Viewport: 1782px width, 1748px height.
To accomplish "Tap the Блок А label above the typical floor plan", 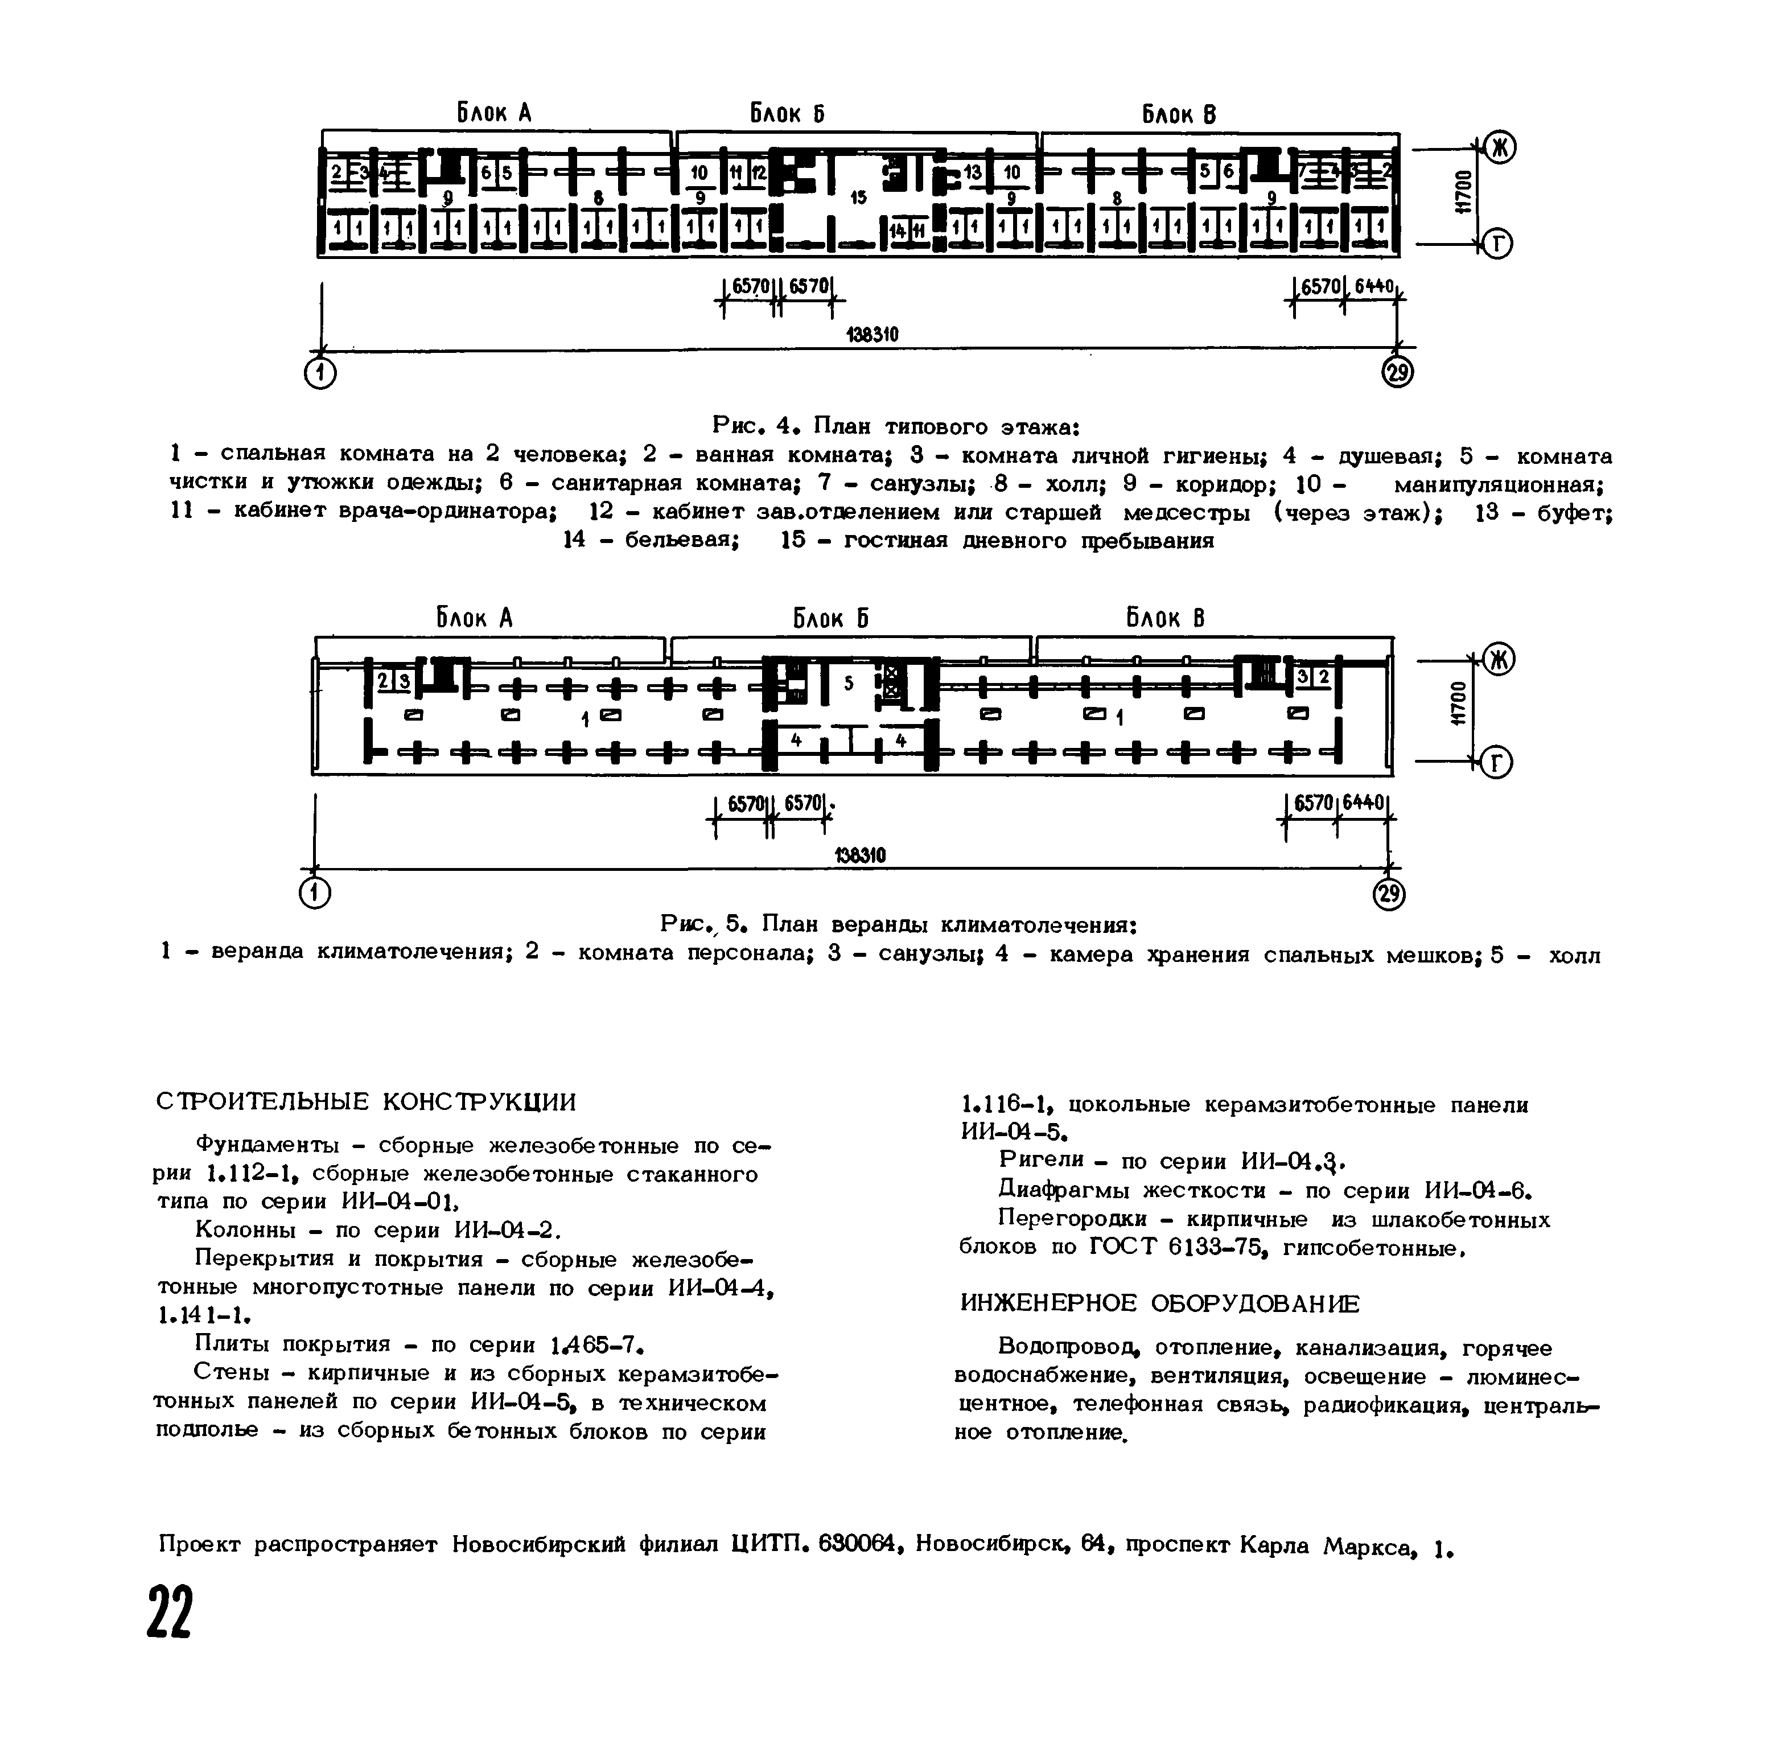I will pyautogui.click(x=494, y=113).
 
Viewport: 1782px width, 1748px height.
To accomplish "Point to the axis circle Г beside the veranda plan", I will pyautogui.click(x=1496, y=762).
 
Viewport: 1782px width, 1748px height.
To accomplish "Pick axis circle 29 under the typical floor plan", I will pyautogui.click(x=1397, y=373).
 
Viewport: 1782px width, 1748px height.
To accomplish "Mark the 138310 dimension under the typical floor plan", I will pyautogui.click(x=871, y=335).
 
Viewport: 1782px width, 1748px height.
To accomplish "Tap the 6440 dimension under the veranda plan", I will pyautogui.click(x=1363, y=803).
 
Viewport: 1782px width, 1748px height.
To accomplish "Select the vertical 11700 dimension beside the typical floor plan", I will pyautogui.click(x=1463, y=193).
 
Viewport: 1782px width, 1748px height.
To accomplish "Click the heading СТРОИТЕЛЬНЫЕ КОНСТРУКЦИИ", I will pyautogui.click(x=367, y=1101).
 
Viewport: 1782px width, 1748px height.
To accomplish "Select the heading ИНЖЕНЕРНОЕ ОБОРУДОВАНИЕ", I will pyautogui.click(x=1159, y=1303).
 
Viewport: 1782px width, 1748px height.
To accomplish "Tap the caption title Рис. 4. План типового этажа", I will pyautogui.click(x=896, y=427).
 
